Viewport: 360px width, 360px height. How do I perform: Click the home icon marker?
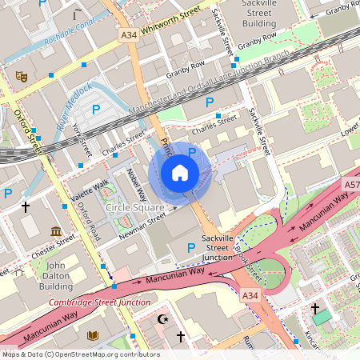pos(180,173)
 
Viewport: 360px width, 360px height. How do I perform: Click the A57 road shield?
pos(352,185)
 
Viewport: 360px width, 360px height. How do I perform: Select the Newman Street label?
pos(145,224)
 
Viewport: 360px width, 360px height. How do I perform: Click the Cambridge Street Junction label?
pos(99,302)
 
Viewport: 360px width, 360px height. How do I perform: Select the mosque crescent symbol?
pos(165,321)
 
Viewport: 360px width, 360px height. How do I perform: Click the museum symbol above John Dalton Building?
pos(55,232)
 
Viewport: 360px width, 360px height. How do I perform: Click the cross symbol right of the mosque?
pos(181,337)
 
